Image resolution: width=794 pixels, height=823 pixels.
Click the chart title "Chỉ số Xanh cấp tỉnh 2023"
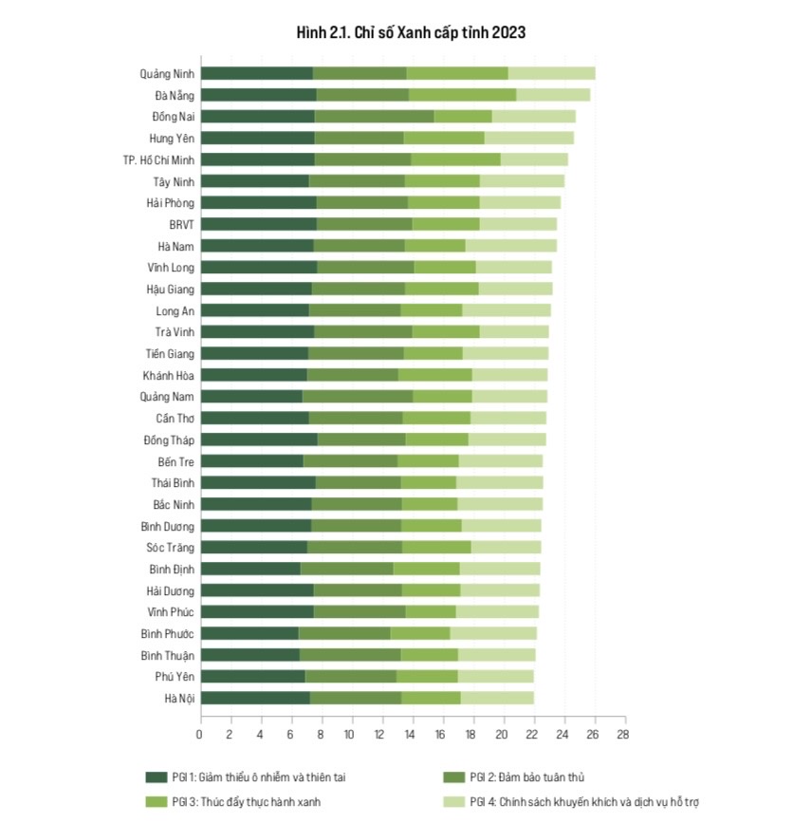(x=411, y=32)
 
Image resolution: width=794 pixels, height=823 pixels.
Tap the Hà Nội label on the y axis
(x=179, y=698)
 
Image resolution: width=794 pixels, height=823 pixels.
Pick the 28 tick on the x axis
(x=622, y=734)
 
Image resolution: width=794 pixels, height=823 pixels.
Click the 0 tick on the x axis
(x=200, y=734)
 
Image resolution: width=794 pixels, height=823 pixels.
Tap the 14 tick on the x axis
(x=411, y=734)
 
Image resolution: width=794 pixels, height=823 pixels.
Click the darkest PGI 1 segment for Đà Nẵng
(x=258, y=95)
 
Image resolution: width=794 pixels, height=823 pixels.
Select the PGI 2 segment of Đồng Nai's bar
(x=374, y=116)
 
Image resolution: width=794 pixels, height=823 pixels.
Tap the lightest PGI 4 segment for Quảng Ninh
(x=551, y=73)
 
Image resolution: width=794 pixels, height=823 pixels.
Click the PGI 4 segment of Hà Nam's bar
(x=510, y=245)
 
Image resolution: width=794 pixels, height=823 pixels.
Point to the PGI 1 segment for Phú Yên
(x=252, y=676)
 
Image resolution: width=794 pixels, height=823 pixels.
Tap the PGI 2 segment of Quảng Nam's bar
(x=358, y=396)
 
